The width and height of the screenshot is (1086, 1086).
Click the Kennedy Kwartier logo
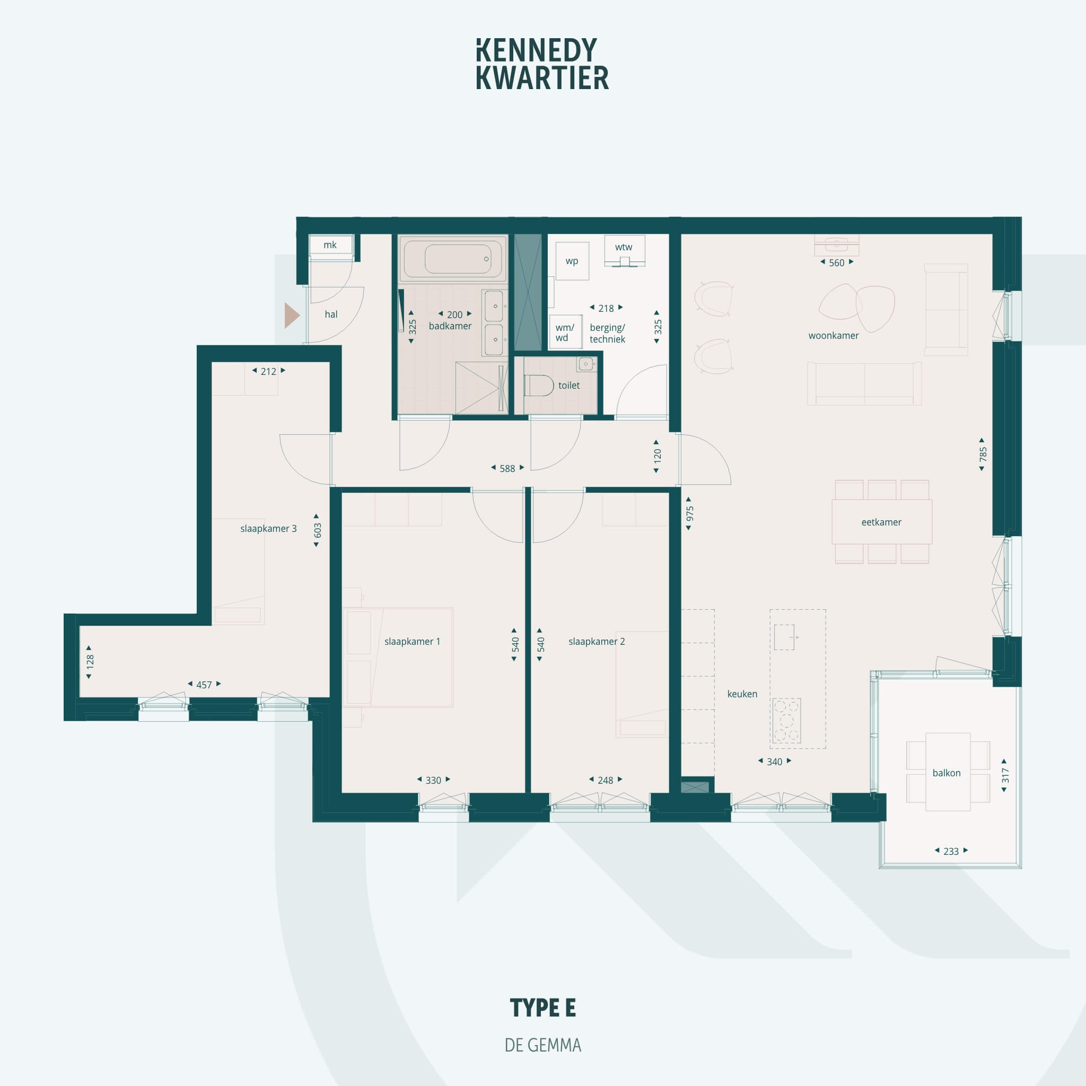point(542,64)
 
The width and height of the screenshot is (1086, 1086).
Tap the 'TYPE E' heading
point(542,1008)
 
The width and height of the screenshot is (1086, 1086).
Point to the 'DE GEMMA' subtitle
point(542,1045)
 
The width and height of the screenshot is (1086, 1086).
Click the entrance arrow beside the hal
point(291,316)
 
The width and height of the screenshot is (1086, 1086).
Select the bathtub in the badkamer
point(453,259)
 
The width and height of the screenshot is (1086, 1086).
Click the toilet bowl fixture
point(539,386)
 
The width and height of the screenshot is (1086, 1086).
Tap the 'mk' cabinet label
point(330,245)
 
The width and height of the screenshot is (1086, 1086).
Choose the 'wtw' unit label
point(624,247)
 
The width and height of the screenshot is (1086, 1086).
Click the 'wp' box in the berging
point(572,261)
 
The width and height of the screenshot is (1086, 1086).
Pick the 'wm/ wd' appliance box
point(565,332)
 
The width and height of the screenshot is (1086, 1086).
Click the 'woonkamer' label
point(833,336)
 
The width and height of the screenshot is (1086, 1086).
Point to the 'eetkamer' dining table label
point(881,522)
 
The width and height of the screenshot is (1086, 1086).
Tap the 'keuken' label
point(742,694)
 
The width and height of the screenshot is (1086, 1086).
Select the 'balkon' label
point(946,773)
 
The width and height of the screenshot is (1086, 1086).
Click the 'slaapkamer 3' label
point(268,528)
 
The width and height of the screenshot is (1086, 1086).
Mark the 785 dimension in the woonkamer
point(982,454)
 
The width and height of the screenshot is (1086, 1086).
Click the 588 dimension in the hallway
point(507,468)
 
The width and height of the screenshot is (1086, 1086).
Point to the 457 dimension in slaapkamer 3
point(204,685)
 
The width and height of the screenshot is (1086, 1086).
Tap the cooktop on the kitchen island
point(786,721)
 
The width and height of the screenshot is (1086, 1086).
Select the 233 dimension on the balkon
point(951,851)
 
